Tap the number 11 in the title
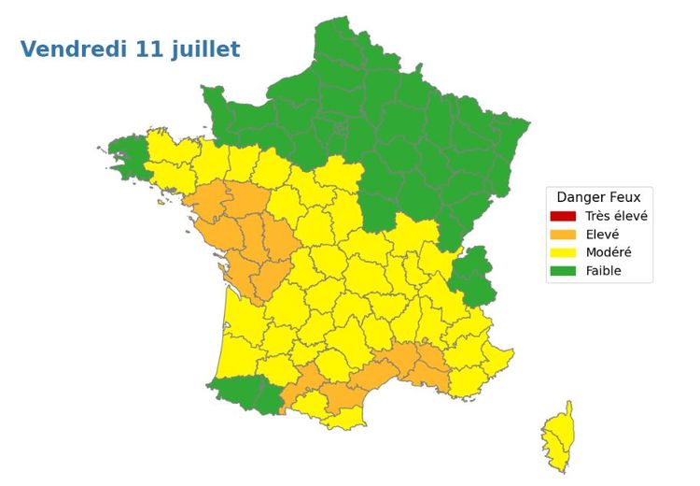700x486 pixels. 151,50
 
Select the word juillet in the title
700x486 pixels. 206,50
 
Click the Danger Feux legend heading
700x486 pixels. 598,197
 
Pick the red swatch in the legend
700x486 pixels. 563,216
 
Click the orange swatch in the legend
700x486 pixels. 563,235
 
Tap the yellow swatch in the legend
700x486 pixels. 563,253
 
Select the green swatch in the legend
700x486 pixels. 563,272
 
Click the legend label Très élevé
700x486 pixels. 616,216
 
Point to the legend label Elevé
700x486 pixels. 602,235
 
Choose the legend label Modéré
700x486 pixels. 609,253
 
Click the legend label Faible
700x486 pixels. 603,272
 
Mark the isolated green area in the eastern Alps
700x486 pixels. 474,277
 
